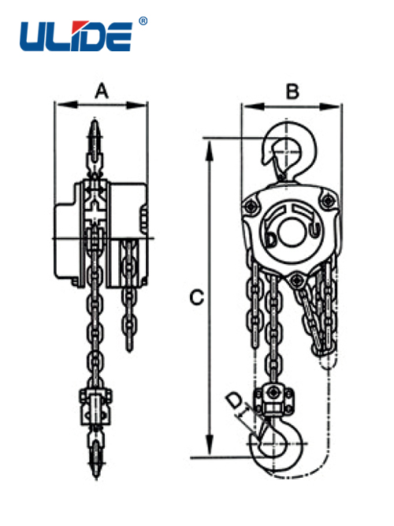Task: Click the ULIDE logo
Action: click(x=76, y=36)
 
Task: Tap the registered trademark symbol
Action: click(x=143, y=21)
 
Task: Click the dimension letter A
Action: click(x=102, y=91)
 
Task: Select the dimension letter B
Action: click(x=292, y=91)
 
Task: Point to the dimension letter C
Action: click(x=196, y=297)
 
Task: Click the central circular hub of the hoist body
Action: click(x=292, y=233)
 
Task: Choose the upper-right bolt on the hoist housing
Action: click(x=326, y=200)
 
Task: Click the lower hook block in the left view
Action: click(x=95, y=407)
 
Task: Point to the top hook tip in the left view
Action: click(x=95, y=121)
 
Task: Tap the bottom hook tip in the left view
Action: click(x=96, y=476)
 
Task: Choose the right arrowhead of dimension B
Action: click(x=329, y=106)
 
